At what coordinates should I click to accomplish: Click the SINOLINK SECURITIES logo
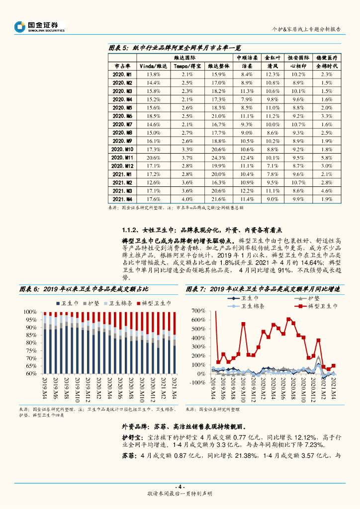pos(40,26)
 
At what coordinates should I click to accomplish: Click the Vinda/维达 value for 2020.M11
pos(153,157)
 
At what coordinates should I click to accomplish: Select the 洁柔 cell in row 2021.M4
pos(247,199)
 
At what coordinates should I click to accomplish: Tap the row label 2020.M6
pos(122,116)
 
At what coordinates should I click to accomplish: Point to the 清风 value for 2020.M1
pos(272,74)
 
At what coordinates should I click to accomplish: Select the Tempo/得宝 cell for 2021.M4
pos(187,199)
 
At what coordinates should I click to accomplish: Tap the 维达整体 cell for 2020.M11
pos(219,157)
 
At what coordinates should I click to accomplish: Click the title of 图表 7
pos(263,289)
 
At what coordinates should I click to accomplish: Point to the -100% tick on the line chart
pos(199,382)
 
